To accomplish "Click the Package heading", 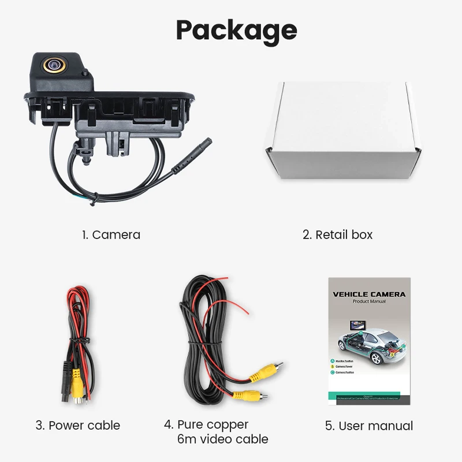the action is tap(236, 30).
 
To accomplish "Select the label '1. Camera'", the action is tap(110, 234).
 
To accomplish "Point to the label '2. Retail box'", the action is tap(338, 234).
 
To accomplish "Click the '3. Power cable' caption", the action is tap(78, 426).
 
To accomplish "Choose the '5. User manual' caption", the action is tap(368, 426).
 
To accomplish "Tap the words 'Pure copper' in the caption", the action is tap(213, 424).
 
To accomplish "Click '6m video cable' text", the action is tap(222, 439).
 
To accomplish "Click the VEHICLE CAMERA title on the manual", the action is tap(369, 294).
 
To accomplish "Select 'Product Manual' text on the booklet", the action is tap(369, 301).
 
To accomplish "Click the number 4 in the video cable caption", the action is tap(168, 424).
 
